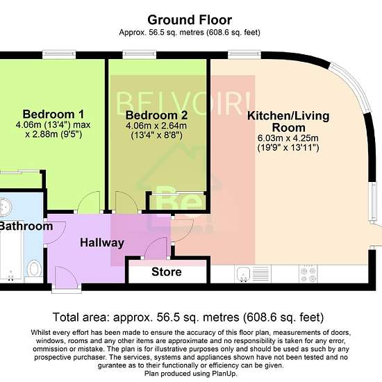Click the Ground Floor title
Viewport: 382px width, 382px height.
[190, 20]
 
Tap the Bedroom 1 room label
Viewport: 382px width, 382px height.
[53, 115]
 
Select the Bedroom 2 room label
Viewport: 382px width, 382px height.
[157, 115]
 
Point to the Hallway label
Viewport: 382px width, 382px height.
[102, 242]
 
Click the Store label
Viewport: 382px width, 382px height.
[167, 272]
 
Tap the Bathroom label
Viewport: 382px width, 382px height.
[26, 226]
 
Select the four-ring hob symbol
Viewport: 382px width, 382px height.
[308, 274]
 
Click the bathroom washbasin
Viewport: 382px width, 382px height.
[5, 208]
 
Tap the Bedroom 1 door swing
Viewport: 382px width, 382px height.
[89, 201]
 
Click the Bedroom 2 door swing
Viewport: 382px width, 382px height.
[126, 201]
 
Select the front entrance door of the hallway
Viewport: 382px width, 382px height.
[66, 278]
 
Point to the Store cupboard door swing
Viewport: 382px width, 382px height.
[156, 248]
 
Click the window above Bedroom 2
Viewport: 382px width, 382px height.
[140, 55]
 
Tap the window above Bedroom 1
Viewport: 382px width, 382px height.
[59, 55]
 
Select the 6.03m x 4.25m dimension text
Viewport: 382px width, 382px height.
[288, 138]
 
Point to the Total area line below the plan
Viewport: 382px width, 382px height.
[188, 317]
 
